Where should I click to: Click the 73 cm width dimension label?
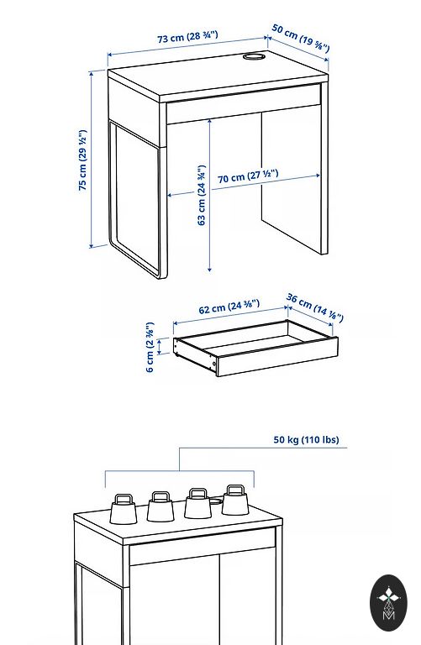187,37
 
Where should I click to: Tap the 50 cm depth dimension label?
301,39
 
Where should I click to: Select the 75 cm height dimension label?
82,160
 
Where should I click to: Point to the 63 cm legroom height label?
201,196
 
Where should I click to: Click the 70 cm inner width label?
248,176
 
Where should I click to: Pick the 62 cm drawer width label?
229,307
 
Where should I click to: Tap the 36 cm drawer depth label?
315,307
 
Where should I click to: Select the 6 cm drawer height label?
150,348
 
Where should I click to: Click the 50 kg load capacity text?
306,439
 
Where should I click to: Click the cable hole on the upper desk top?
254,56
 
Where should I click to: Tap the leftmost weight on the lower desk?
124,509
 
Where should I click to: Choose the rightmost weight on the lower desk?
235,500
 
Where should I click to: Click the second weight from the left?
161,506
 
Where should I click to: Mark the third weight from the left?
198,503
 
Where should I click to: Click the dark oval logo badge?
388,603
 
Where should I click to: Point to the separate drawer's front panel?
277,356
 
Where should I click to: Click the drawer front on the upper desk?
243,103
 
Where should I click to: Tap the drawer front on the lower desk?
203,547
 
